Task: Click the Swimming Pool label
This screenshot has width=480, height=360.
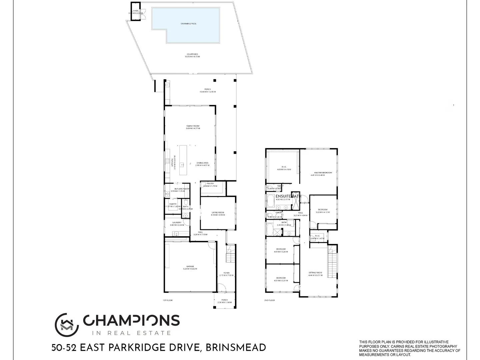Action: tap(188, 24)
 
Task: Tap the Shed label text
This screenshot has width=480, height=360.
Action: tap(135, 11)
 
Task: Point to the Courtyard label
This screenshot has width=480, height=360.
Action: tap(192, 54)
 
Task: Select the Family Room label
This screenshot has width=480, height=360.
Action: tap(193, 126)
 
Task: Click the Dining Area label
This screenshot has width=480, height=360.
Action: tap(202, 163)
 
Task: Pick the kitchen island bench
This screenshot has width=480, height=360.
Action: tap(182, 160)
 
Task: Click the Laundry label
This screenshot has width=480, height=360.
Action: tap(177, 223)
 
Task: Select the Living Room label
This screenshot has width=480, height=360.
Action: tap(218, 213)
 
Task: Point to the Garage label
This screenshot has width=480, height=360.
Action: tap(190, 266)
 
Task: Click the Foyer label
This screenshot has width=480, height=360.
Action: tap(227, 273)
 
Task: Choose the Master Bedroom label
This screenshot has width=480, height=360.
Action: tap(323, 173)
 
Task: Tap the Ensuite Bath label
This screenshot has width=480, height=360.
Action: tap(288, 196)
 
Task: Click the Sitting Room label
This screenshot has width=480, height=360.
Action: tap(315, 273)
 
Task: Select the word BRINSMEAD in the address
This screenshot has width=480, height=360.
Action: tap(236, 348)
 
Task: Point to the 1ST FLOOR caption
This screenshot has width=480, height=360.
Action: tap(168, 300)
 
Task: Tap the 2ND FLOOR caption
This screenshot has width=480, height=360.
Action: tap(269, 300)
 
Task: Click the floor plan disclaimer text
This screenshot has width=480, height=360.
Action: tap(410, 348)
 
